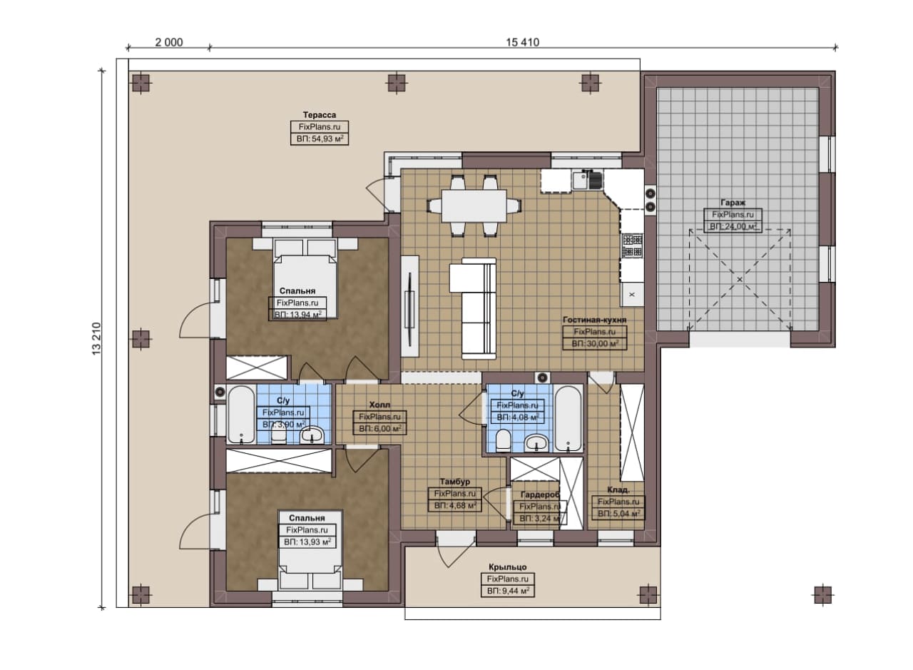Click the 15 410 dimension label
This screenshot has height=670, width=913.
(523, 42)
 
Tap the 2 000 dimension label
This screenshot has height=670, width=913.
(169, 42)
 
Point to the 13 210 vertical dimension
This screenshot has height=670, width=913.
(96, 339)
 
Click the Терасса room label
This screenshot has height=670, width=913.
(319, 115)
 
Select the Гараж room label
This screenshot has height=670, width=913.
(733, 203)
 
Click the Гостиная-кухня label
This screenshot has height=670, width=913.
(594, 320)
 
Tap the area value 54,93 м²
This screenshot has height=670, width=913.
(320, 138)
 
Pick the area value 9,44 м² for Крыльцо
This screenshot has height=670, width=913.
(508, 591)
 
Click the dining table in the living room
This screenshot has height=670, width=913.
(474, 205)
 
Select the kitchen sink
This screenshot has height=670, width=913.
(587, 181)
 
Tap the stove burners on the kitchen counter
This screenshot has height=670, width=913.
(632, 245)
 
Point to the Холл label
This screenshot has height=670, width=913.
(379, 405)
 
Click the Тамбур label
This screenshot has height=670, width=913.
(455, 482)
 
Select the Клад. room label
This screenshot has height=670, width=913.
(618, 490)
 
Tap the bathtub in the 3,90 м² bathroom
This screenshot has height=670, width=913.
(241, 415)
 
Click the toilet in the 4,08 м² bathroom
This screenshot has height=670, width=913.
(504, 441)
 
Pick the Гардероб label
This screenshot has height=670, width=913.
(541, 495)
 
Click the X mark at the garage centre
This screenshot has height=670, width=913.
(740, 279)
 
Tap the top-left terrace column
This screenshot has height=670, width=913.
(141, 83)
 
